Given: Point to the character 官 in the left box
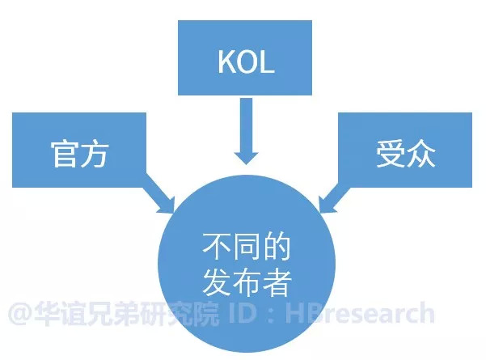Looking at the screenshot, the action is (63, 155).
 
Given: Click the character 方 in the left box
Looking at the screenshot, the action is (94, 155).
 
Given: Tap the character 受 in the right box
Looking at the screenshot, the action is (390, 155).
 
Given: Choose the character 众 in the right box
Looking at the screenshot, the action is (420, 155).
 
